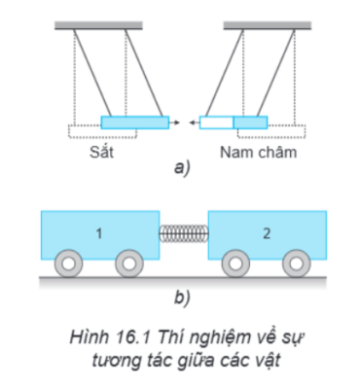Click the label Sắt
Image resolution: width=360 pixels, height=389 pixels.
pyautogui.click(x=101, y=152)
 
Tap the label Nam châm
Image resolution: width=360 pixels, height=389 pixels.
pyautogui.click(x=259, y=152)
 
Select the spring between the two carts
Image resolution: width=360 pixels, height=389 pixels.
pyautogui.click(x=184, y=233)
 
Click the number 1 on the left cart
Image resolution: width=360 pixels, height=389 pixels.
pyautogui.click(x=99, y=233)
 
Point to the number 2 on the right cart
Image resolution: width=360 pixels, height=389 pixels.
pyautogui.click(x=267, y=233)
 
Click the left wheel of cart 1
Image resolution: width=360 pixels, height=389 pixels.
pyautogui.click(x=68, y=264)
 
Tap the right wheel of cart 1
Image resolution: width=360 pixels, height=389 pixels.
pyautogui.click(x=129, y=264)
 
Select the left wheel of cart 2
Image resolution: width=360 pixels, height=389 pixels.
pyautogui.click(x=235, y=264)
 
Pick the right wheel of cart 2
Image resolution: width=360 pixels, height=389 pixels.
pyautogui.click(x=296, y=264)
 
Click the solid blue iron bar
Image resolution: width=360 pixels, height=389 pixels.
pyautogui.click(x=135, y=123)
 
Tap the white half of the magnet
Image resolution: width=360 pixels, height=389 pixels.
pyautogui.click(x=216, y=123)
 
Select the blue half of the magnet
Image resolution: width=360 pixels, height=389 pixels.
pyautogui.click(x=251, y=123)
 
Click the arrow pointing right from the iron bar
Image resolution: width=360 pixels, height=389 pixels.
pyautogui.click(x=174, y=123)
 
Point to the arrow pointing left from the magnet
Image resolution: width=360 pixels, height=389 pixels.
pyautogui.click(x=195, y=123)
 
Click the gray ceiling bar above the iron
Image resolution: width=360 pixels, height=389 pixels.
pyautogui.click(x=98, y=25)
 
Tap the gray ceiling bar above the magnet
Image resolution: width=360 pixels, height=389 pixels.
pyautogui.click(x=268, y=25)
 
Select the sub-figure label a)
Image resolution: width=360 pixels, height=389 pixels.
pyautogui.click(x=182, y=168)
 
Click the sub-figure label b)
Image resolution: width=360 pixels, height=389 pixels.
pyautogui.click(x=182, y=298)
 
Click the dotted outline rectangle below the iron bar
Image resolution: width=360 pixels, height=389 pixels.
pyautogui.click(x=102, y=131)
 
